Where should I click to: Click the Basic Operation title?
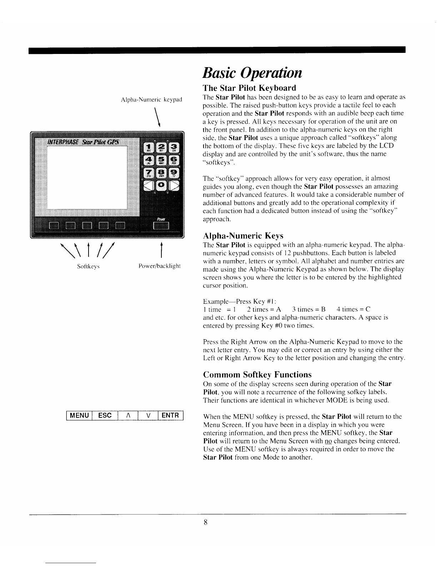(252, 73)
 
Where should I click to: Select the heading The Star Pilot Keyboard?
(249, 88)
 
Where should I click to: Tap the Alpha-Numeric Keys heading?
(243, 236)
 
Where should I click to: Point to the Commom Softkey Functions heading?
(257, 374)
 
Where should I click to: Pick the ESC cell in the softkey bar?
(105, 416)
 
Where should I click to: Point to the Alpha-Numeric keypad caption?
(151, 99)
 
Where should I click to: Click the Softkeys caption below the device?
(89, 267)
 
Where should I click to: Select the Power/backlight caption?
(160, 267)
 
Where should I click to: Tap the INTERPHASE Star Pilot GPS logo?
(84, 143)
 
